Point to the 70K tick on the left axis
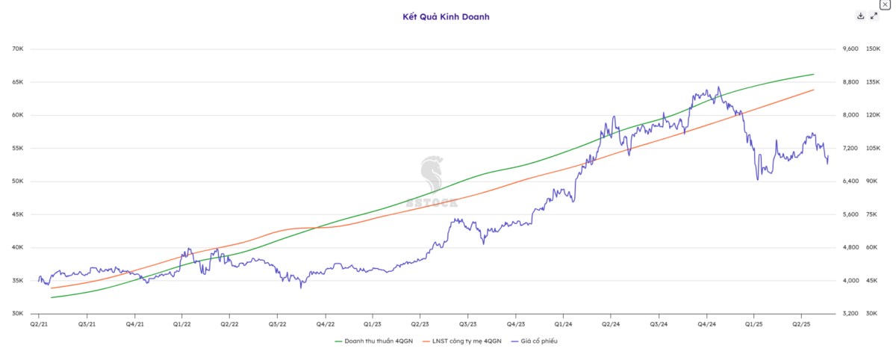(x=18, y=49)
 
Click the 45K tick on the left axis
(x=18, y=214)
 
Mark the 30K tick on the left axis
(x=18, y=314)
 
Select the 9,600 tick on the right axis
(x=850, y=49)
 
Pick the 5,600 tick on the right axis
(x=850, y=214)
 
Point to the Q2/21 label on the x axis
(x=39, y=325)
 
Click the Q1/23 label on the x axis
(x=373, y=325)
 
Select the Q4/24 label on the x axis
(x=706, y=325)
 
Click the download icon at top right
(x=860, y=16)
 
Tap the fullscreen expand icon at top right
(x=874, y=16)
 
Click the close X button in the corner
(x=885, y=4)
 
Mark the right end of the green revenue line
(x=813, y=74)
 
